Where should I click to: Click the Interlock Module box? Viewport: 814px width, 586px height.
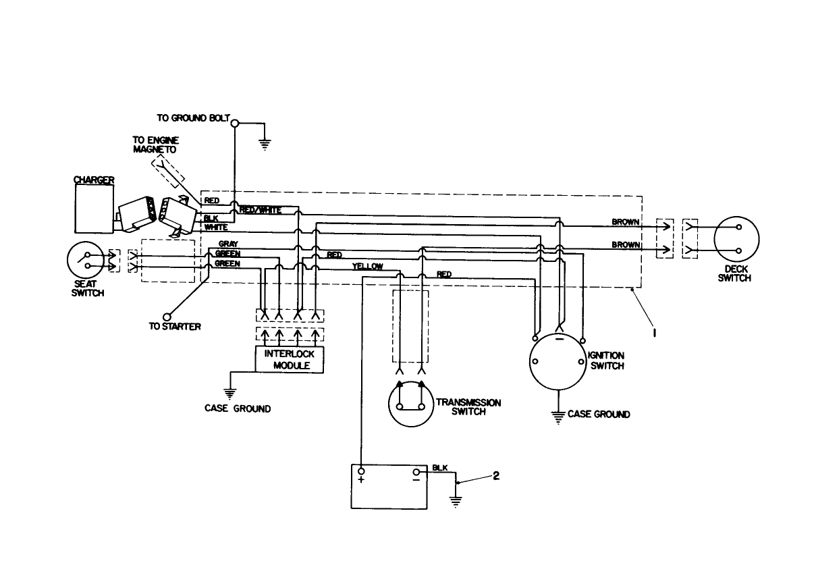point(290,359)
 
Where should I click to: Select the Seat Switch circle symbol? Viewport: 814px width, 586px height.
point(86,261)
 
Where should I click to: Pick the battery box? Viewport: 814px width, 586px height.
point(389,486)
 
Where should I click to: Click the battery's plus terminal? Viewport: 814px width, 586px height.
point(362,471)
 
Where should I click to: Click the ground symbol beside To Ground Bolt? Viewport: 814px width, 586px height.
point(265,143)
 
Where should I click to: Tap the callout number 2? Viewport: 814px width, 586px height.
point(496,475)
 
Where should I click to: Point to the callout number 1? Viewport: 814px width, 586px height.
point(654,332)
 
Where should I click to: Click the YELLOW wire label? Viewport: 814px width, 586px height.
point(367,267)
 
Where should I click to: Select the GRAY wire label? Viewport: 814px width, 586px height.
point(228,243)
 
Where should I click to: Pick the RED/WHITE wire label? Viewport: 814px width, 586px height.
point(261,210)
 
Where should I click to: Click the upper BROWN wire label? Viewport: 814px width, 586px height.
point(626,221)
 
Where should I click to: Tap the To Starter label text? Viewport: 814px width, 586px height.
point(175,327)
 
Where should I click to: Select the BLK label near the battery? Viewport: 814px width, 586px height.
point(439,467)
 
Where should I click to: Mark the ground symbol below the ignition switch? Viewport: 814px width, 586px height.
point(558,417)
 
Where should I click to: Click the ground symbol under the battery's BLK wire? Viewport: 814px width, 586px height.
point(457,502)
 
